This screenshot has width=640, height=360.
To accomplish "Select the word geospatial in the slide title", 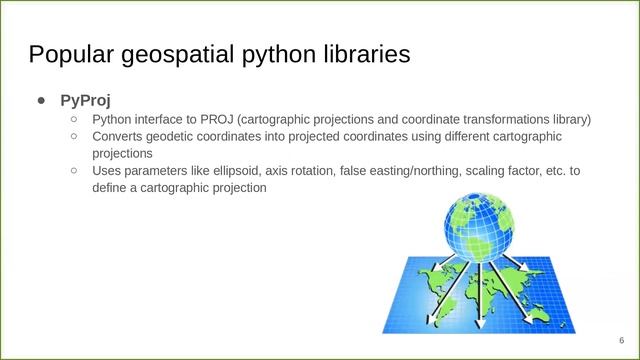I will pos(176,54).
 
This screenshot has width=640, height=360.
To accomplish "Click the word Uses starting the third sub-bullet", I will pos(107,171).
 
